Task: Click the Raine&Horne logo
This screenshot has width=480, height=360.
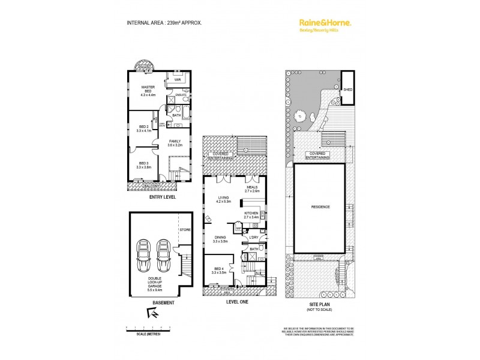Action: click(x=325, y=23)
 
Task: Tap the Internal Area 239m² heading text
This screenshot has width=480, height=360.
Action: click(x=164, y=22)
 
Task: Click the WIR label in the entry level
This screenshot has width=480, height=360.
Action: click(x=178, y=79)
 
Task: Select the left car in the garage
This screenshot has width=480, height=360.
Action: click(x=145, y=256)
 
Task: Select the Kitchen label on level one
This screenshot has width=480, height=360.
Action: click(x=251, y=214)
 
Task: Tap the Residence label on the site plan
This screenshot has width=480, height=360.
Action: click(x=319, y=207)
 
